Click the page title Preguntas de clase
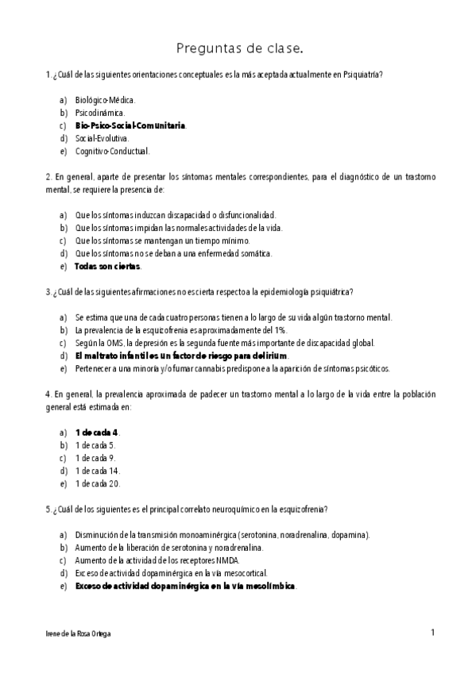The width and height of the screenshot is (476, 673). [238, 49]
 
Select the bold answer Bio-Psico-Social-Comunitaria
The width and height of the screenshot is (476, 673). [131, 125]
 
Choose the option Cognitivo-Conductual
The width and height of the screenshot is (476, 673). [112, 151]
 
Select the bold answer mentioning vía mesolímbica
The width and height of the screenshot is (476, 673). [185, 586]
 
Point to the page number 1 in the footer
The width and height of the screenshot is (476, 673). [432, 633]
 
